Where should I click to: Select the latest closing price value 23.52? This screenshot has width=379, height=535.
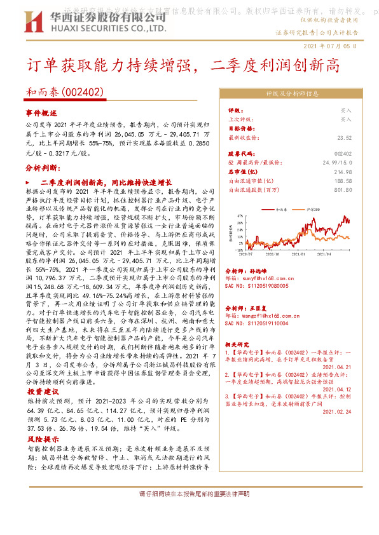[x=344, y=137]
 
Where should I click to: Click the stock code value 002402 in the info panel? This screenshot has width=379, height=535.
[x=342, y=154]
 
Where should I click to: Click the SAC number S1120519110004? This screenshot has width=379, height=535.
[x=257, y=323]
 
